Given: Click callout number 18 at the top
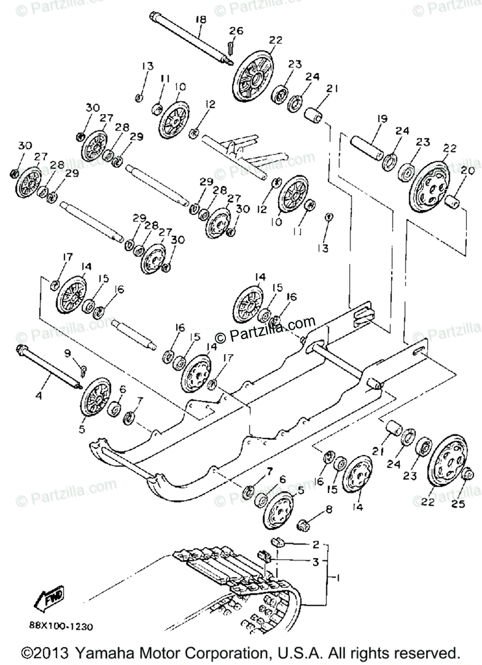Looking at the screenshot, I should pos(200,20).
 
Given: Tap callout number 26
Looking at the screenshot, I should pos(236,32).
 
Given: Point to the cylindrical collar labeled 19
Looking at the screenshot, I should pos(367,146).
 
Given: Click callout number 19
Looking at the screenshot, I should pos(382,119).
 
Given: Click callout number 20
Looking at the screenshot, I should pos(468,172).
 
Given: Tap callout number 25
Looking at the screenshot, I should pos(458,504).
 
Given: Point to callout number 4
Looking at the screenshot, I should pos(38,396).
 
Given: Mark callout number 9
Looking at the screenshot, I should pos(67,352).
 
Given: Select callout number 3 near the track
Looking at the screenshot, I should pos(315,562).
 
